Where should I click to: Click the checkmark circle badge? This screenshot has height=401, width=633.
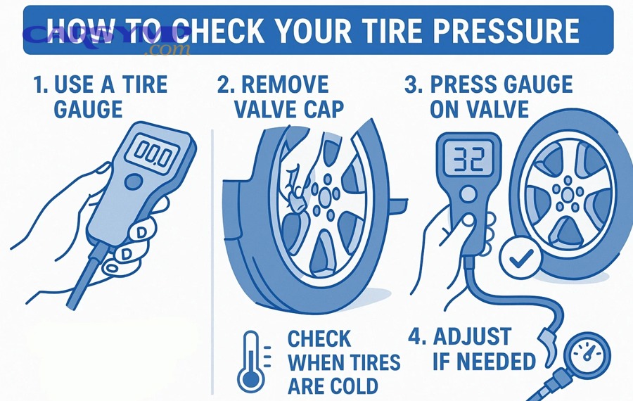click(x=520, y=260)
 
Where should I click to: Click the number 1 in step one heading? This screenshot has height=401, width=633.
click(x=39, y=86)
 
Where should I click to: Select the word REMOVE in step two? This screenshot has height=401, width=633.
click(x=284, y=86)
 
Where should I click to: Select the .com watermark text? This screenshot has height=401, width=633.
click(x=166, y=50)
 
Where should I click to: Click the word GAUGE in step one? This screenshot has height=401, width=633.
click(x=88, y=109)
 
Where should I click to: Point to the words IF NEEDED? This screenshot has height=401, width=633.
click(x=485, y=361)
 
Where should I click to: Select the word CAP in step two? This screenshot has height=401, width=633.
click(x=320, y=109)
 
